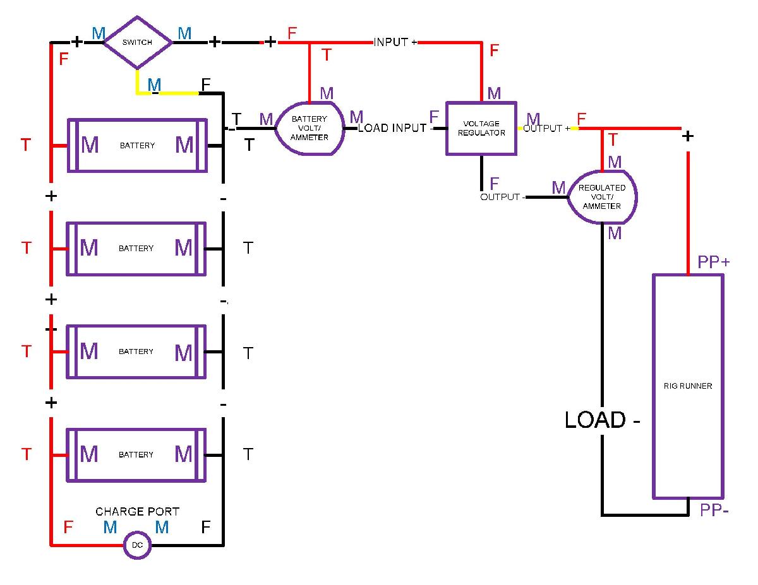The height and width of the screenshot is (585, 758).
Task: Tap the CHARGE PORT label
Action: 138,511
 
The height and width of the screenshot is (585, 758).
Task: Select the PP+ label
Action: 713,262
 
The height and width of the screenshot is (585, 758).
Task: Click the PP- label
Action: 714,510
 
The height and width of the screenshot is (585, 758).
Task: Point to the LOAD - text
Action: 602,420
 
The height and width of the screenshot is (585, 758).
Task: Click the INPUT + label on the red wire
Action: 395,42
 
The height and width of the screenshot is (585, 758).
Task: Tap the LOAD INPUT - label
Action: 395,128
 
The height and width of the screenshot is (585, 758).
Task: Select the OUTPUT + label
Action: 546,128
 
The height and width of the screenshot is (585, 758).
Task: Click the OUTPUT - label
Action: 503,197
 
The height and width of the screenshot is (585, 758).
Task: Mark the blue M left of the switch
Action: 99,33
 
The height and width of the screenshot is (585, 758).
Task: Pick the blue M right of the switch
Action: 184,33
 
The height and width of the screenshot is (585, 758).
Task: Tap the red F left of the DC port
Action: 68,527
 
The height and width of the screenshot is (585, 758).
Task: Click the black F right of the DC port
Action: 206,527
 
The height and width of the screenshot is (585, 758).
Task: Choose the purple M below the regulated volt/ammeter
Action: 615,233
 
